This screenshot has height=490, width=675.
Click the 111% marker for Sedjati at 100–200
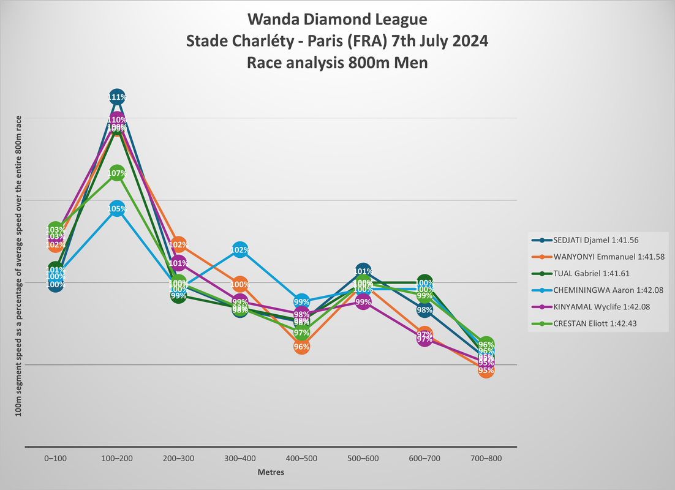[x=117, y=97]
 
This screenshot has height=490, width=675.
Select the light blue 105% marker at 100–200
[x=117, y=209]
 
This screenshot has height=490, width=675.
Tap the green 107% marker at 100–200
[x=117, y=173]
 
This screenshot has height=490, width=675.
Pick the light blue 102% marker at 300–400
[x=239, y=250]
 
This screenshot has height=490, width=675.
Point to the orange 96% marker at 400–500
[x=301, y=347]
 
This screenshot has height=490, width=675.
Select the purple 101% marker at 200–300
[x=178, y=264]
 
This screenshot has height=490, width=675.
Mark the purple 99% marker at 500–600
[x=363, y=302]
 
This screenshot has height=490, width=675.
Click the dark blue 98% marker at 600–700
[x=424, y=310]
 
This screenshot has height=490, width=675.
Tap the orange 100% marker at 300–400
[x=239, y=284]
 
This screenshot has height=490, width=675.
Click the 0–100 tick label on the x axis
[x=56, y=458]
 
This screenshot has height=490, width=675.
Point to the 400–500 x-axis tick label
[x=301, y=458]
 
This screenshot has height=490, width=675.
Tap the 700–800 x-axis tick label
[x=485, y=458]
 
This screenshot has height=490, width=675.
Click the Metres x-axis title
[x=270, y=472]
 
